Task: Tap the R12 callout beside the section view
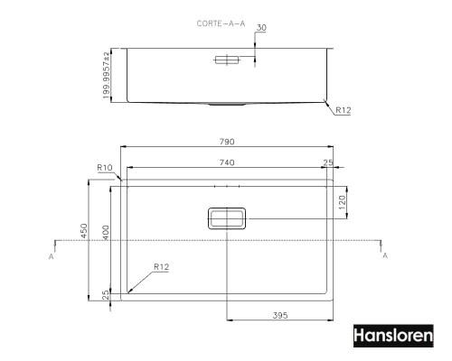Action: pos(344,111)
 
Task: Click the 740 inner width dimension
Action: pos(227,162)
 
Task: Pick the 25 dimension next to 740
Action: pos(326,162)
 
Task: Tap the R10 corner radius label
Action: pos(104,167)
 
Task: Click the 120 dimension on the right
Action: pos(342,202)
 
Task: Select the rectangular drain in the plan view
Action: pos(226,218)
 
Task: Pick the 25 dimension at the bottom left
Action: pos(106,295)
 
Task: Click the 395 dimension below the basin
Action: pos(279,315)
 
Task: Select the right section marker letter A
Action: pos(386,256)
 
